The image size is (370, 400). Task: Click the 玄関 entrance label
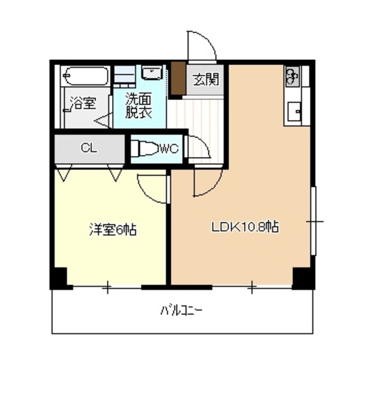[206, 79]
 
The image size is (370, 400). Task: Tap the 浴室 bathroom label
[83, 103]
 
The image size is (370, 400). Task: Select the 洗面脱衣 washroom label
[139, 106]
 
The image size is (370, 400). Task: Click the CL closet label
[89, 148]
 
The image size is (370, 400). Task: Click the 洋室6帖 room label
[113, 229]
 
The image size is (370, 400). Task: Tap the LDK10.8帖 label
[245, 227]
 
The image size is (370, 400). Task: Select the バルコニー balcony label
[182, 311]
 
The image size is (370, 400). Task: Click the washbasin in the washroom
[152, 73]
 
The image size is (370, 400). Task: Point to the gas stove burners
[292, 76]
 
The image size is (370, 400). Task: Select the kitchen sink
[294, 111]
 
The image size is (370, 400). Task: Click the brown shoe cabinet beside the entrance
[178, 79]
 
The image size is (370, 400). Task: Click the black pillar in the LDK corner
[303, 278]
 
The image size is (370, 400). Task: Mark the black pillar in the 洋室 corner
[59, 278]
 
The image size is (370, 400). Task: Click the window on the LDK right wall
[314, 221]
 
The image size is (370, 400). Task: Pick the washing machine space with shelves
[124, 74]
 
